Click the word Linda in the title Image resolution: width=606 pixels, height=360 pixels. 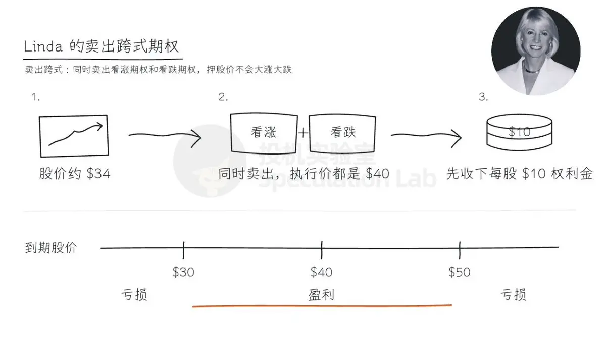tap(43, 46)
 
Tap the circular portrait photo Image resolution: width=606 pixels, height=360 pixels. tap(536, 51)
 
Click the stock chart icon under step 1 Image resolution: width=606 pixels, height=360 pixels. tap(74, 136)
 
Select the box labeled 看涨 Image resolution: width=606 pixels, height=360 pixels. tap(264, 133)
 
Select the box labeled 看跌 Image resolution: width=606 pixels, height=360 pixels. tap(342, 133)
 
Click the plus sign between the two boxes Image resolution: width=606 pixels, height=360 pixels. tap(304, 133)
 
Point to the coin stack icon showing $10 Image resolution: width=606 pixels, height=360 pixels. tap(519, 132)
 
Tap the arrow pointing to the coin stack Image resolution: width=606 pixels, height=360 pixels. tap(426, 136)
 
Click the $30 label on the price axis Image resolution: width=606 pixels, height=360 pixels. tap(183, 272)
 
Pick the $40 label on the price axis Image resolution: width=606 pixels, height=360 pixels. tap(321, 272)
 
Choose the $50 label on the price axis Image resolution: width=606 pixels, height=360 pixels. tap(460, 272)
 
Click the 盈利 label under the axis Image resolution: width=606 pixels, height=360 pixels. tap(321, 295)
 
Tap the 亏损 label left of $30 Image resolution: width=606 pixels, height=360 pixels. tap(134, 295)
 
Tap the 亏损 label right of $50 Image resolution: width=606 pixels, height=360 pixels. tap(513, 295)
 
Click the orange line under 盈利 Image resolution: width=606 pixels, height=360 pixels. tap(322, 306)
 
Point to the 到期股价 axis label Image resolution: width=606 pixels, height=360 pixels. tap(51, 248)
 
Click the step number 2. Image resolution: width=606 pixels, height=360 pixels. tap(223, 97)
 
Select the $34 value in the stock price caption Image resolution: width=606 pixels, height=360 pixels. tap(98, 173)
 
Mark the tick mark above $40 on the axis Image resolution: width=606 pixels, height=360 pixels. tap(322, 250)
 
